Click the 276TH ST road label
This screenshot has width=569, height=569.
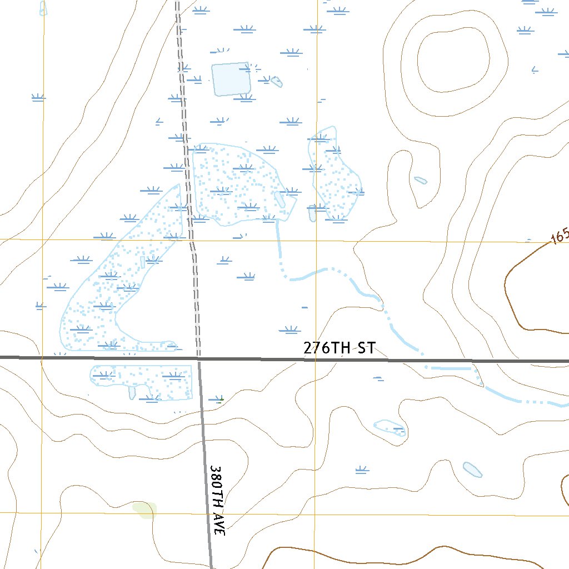[x=339, y=348]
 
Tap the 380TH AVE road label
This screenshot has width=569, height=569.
[x=218, y=500]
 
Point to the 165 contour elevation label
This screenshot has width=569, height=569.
[x=559, y=236]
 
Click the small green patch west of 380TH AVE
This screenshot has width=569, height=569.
[x=144, y=509]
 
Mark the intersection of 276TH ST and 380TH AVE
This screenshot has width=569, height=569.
[x=199, y=359]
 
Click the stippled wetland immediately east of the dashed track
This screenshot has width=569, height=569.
[x=233, y=183]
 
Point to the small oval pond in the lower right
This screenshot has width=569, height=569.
[x=472, y=470]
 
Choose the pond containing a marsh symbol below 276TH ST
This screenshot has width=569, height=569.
[x=390, y=428]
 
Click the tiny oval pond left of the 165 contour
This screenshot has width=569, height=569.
[x=421, y=180]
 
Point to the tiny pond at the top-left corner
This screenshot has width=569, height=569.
[x=43, y=8]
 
